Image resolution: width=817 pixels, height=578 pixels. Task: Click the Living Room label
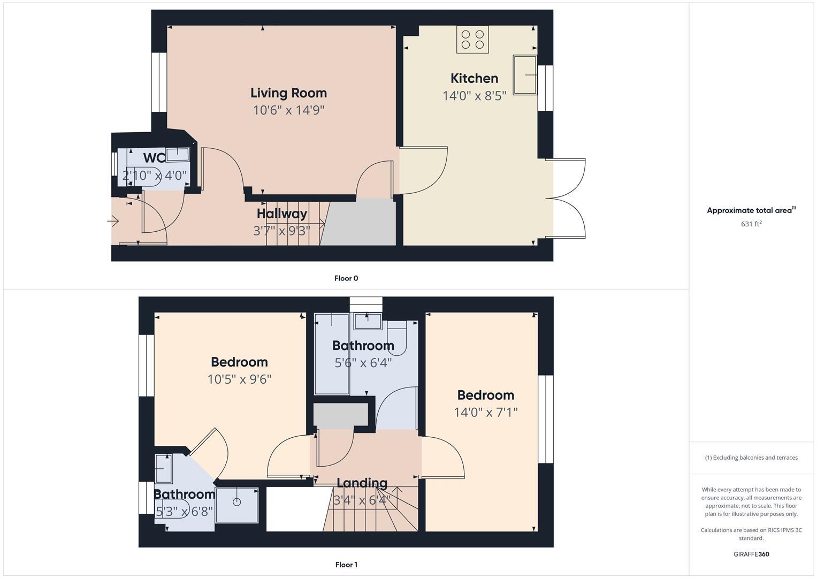(x=288, y=93)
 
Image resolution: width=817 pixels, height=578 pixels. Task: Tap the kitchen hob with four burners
(x=472, y=40)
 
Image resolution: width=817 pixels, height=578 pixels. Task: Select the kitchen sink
(x=525, y=74)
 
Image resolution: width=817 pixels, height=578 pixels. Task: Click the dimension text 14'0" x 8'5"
(x=474, y=96)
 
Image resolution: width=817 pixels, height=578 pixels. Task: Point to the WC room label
(x=154, y=158)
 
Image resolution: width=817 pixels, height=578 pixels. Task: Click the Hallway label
(x=282, y=214)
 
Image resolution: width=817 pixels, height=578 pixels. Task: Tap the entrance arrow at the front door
(x=113, y=220)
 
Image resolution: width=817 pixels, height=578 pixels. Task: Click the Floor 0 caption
(x=346, y=278)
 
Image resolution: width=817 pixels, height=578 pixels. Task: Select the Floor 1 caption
(x=346, y=565)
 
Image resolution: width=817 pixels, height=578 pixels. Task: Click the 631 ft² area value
(x=751, y=224)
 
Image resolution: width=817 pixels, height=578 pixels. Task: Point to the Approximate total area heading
(x=751, y=210)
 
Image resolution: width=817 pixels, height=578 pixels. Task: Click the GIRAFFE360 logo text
(x=751, y=554)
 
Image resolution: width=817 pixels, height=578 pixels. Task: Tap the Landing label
(x=362, y=483)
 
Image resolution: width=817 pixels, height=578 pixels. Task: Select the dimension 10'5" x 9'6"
(x=239, y=379)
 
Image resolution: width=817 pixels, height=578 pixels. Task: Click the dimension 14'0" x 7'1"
(x=486, y=413)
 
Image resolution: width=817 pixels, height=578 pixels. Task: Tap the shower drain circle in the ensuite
(x=237, y=502)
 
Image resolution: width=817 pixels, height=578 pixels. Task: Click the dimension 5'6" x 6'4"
(x=363, y=363)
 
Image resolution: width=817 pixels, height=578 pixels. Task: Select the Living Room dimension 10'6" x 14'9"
(x=288, y=110)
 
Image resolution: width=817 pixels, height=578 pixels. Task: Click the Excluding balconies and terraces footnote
(x=751, y=458)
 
